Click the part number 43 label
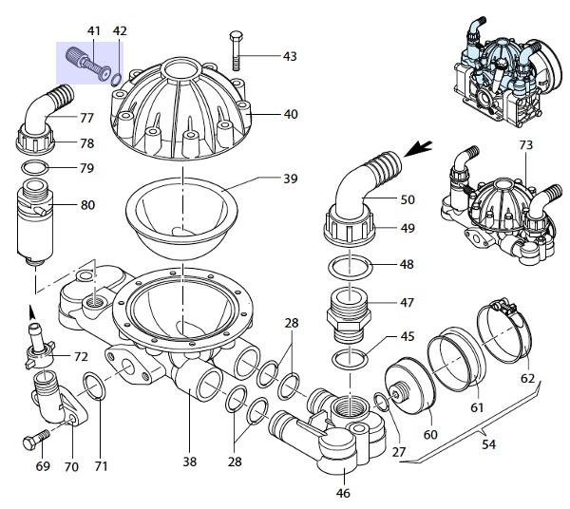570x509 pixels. coord(290,56)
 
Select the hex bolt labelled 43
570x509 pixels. coord(237,51)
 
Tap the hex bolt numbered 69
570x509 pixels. coord(36,440)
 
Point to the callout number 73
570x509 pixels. coord(525,145)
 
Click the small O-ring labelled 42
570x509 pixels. coord(116,80)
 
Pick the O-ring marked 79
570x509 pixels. coord(35,168)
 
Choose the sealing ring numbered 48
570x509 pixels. coord(350,268)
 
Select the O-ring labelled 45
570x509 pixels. coord(350,359)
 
